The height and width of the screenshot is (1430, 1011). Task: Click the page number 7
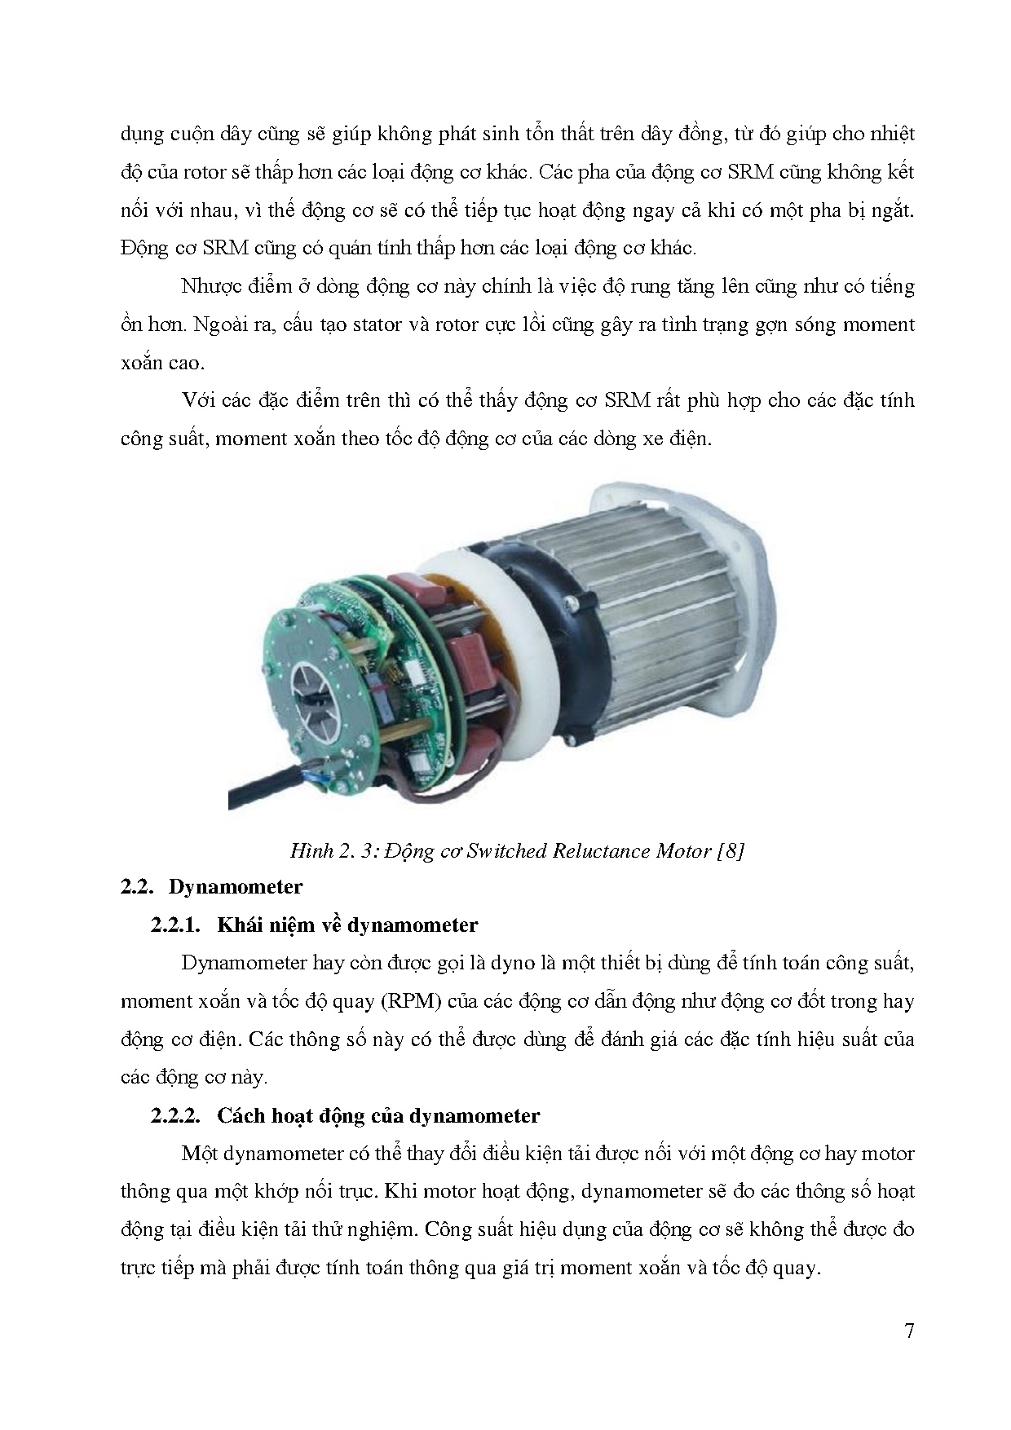(908, 1331)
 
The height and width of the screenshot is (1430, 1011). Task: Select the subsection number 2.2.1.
(175, 925)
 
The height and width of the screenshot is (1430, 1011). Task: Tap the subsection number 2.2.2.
(175, 1115)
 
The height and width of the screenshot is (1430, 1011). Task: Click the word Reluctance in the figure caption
(601, 851)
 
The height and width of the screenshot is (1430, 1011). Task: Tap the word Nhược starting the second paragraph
(212, 287)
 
